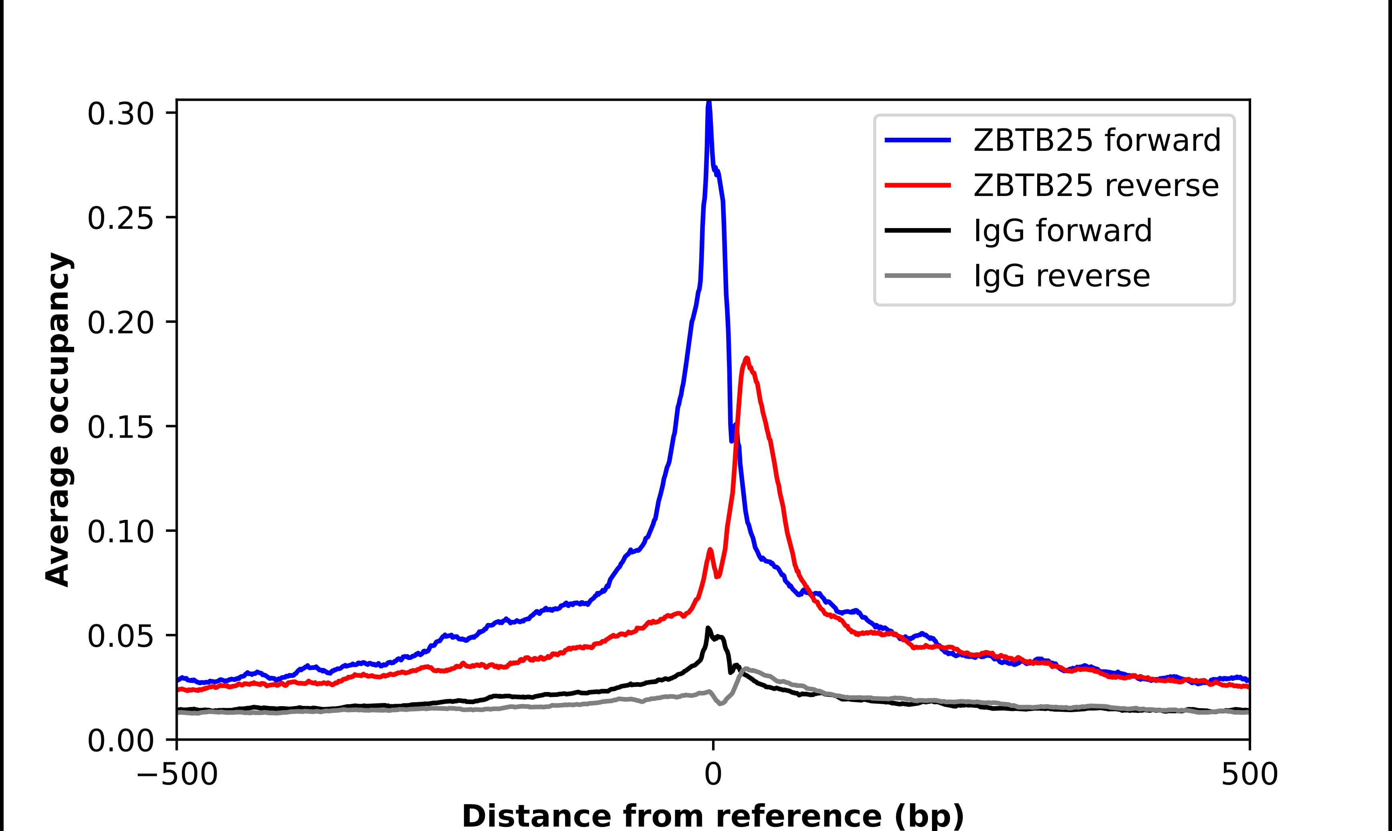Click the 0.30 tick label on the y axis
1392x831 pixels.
tap(120, 114)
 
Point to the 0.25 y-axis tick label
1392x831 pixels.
tap(120, 218)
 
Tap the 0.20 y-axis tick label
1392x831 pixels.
tap(120, 323)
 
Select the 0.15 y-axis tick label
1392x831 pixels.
tap(120, 428)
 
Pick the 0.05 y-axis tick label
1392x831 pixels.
tap(120, 637)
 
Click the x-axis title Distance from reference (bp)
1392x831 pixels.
tap(712, 815)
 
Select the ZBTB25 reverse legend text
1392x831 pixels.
tap(1096, 186)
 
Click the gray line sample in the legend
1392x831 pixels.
tap(918, 275)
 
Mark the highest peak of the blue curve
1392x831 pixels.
tap(709, 102)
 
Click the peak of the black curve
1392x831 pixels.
tap(708, 628)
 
